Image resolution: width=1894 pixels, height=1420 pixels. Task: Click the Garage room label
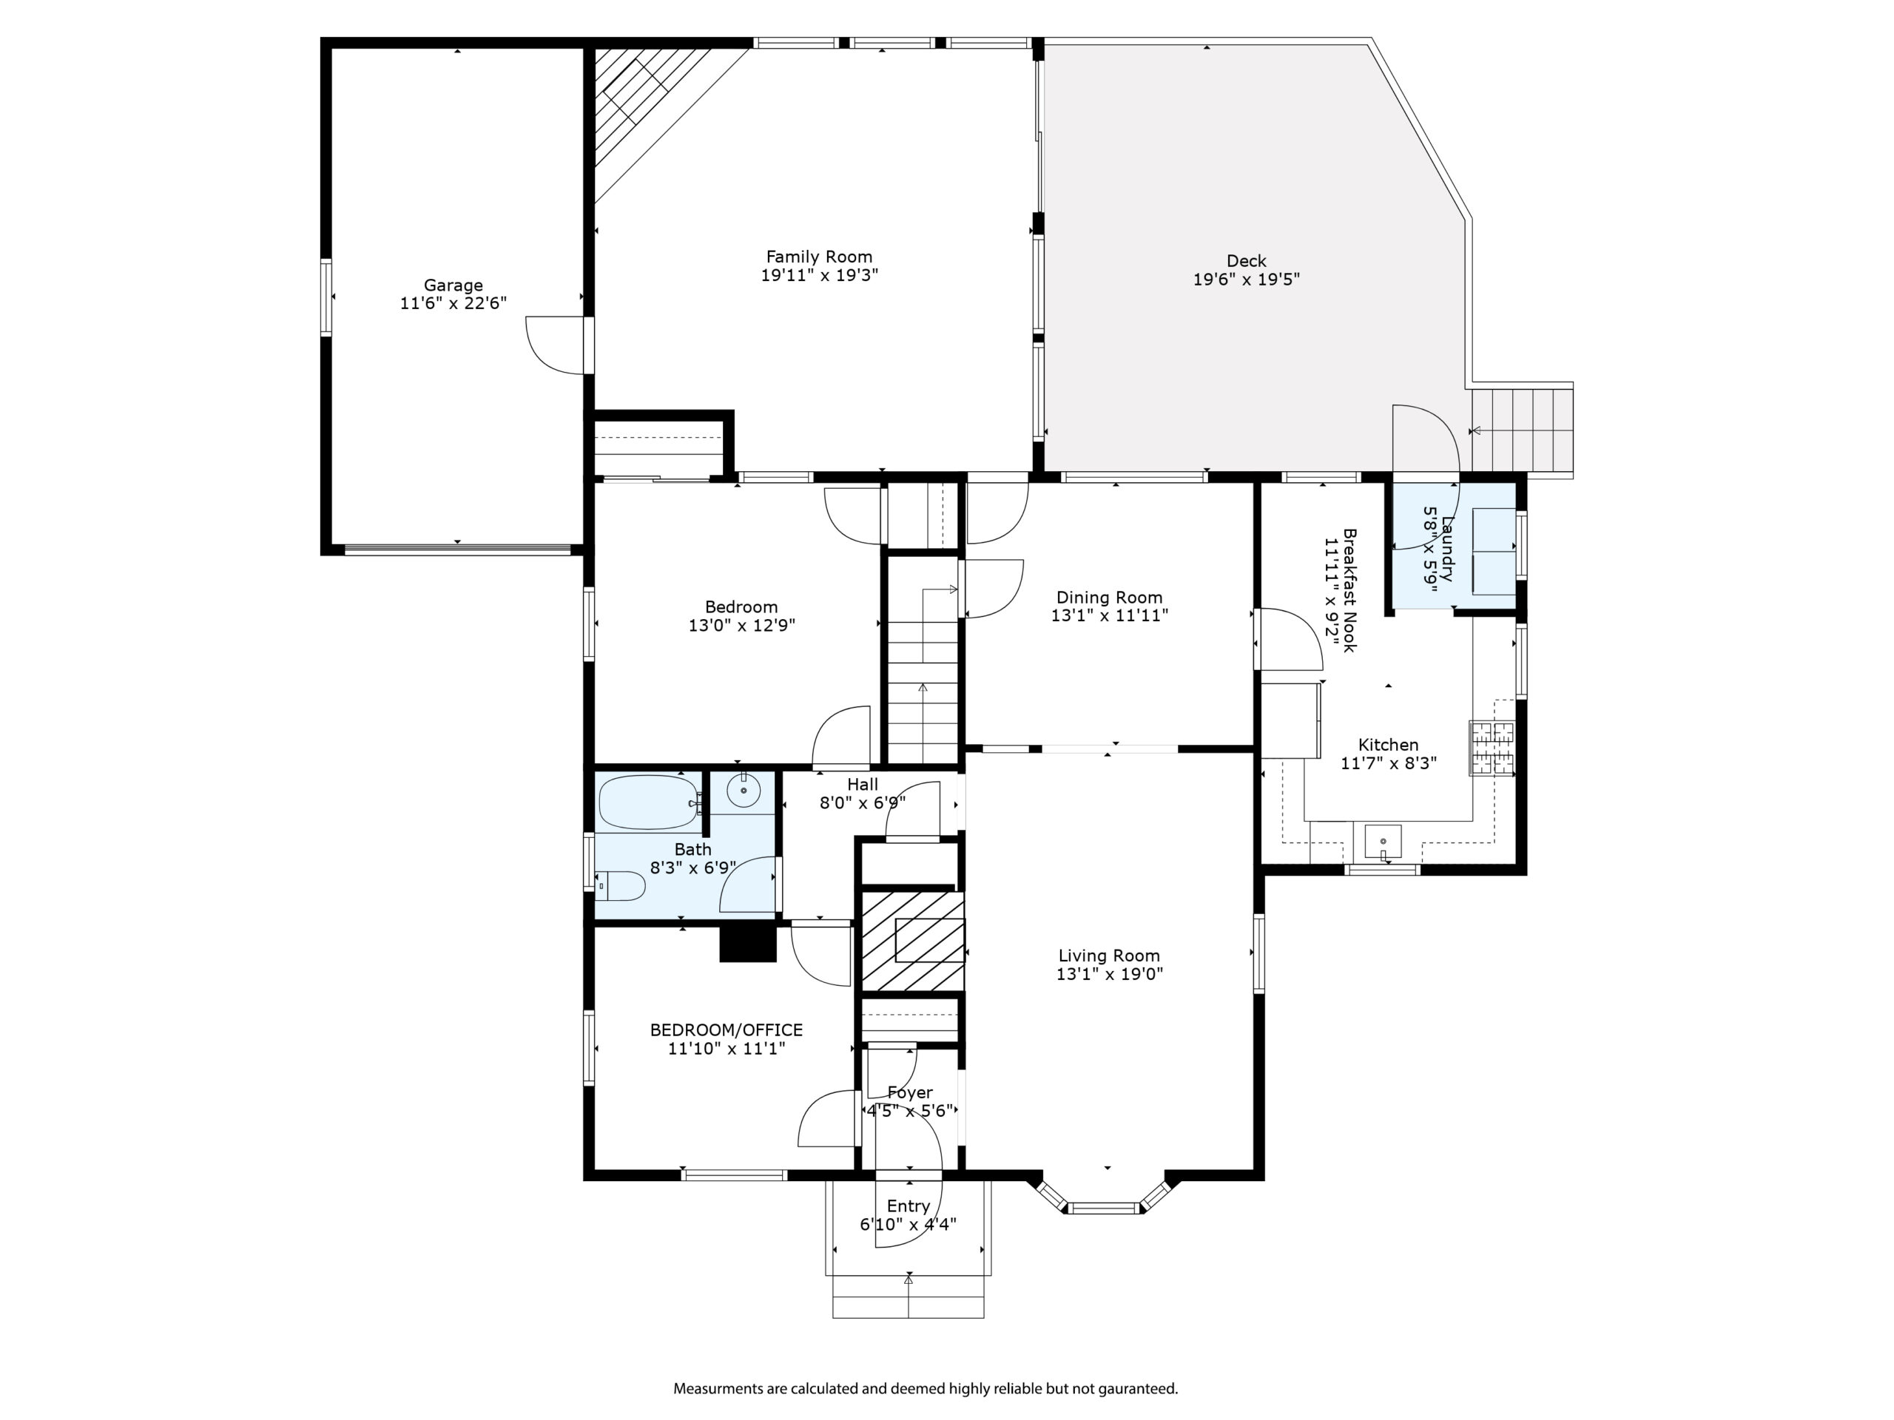point(453,285)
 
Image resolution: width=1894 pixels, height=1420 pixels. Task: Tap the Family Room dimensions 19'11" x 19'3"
point(820,276)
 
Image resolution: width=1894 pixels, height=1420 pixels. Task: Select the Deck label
point(1246,260)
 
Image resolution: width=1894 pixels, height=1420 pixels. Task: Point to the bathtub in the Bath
point(649,801)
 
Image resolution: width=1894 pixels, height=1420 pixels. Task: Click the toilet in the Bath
point(620,886)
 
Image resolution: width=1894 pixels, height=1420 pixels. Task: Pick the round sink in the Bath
point(744,790)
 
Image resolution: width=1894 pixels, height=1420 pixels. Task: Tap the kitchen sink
point(1383,842)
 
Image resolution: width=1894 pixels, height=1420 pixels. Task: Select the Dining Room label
point(1110,598)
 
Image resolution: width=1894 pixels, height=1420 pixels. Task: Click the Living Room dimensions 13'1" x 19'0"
point(1110,973)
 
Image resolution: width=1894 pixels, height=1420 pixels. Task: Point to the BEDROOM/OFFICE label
point(726,1029)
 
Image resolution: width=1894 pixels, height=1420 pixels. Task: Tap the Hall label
point(862,784)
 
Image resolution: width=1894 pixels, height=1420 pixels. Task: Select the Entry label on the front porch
point(909,1206)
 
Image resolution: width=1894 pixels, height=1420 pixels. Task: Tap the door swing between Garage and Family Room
point(554,345)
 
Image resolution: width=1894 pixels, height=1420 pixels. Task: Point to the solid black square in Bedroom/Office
point(747,945)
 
